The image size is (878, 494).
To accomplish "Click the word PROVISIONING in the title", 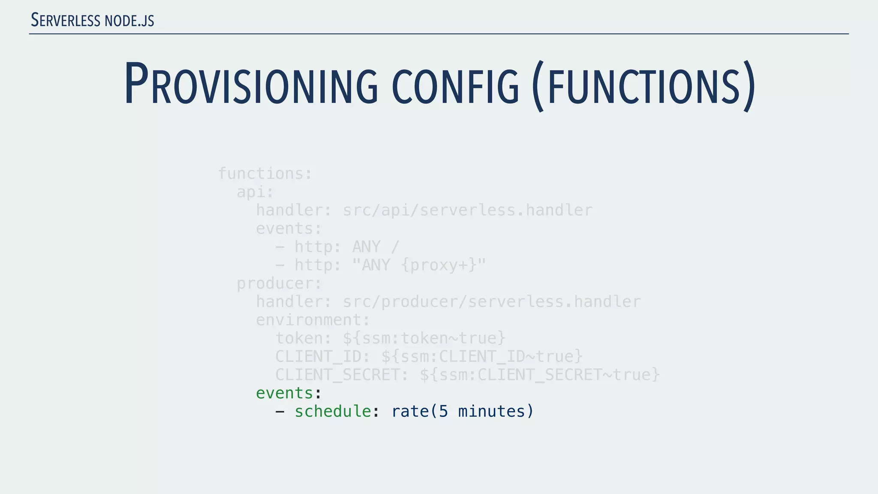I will (251, 84).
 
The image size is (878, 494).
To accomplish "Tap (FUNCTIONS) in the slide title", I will (643, 86).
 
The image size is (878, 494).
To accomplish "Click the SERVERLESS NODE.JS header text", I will (93, 21).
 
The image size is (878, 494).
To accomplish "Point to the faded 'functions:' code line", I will (265, 174).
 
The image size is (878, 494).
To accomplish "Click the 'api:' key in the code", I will (255, 192).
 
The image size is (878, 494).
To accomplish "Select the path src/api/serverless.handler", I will (467, 210).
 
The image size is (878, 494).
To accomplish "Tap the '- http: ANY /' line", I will (337, 247).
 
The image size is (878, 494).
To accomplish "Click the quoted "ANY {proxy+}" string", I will (419, 265).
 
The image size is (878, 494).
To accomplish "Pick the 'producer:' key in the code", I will (279, 283).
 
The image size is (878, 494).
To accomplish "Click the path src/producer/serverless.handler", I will (491, 301).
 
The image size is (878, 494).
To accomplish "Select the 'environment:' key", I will (313, 320).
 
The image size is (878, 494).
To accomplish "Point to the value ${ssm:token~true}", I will (424, 338).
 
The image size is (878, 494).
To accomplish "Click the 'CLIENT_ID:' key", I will (322, 356).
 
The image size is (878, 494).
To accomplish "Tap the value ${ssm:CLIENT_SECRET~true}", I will (539, 375).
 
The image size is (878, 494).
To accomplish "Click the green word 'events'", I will (284, 393).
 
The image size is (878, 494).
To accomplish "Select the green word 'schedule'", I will (332, 411).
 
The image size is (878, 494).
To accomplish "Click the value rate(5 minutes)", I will (462, 411).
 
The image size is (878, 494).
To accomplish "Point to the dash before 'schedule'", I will (280, 412).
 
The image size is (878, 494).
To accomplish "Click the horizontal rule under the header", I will (439, 33).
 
